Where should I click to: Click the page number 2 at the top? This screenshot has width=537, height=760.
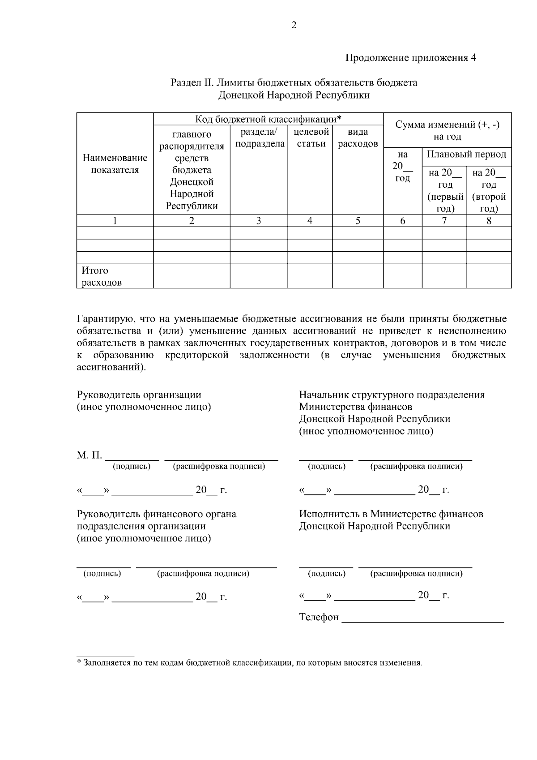pyautogui.click(x=294, y=26)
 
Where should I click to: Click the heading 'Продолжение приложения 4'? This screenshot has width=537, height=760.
pyautogui.click(x=410, y=58)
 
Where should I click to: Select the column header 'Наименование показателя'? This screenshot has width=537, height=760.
pyautogui.click(x=115, y=164)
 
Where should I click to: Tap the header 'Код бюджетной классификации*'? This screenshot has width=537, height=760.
pyautogui.click(x=268, y=119)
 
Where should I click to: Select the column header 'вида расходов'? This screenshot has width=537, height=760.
pyautogui.click(x=358, y=138)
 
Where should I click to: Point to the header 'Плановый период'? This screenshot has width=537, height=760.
pyautogui.click(x=466, y=155)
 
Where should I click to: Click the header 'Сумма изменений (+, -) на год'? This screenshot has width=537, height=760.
pyautogui.click(x=447, y=130)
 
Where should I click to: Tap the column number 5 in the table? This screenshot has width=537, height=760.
pyautogui.click(x=358, y=221)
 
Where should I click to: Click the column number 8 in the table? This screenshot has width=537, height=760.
pyautogui.click(x=489, y=221)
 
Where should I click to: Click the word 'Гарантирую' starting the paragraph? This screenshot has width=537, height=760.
pyautogui.click(x=105, y=319)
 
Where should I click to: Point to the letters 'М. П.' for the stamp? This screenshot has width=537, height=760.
pyautogui.click(x=89, y=455)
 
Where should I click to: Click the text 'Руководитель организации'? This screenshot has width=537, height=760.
pyautogui.click(x=139, y=395)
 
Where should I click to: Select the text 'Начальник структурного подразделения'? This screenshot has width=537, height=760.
pyautogui.click(x=392, y=395)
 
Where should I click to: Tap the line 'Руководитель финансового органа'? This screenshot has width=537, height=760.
pyautogui.click(x=157, y=514)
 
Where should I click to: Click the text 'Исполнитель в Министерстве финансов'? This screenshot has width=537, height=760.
pyautogui.click(x=391, y=514)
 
